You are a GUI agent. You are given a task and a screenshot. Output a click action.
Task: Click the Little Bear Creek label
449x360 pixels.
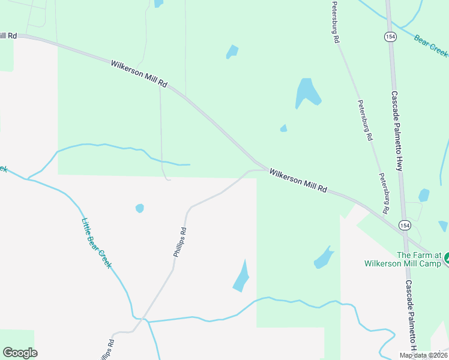coord(96,242)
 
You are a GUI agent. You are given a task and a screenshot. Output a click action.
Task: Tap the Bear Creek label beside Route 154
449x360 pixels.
coord(431,46)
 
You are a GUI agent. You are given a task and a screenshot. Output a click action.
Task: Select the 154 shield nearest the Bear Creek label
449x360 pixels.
coord(390,37)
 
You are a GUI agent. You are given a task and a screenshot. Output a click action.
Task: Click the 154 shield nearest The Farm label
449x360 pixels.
coord(404,226)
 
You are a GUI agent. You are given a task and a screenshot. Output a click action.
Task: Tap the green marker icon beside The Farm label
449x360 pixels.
coord(446,259)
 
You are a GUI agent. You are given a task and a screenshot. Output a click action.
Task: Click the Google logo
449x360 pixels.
coord(20,353)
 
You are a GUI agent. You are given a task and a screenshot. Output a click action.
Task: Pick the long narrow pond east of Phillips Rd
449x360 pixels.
coord(241,277)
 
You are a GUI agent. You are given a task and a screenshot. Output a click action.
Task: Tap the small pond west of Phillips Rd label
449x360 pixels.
coord(140,208)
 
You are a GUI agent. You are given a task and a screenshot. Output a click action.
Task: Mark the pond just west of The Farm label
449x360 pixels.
coord(324,258)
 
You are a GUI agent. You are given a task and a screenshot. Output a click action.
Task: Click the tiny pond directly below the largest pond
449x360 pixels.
coord(283,128)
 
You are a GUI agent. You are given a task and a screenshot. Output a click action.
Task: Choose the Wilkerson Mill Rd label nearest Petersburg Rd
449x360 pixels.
coord(298,181)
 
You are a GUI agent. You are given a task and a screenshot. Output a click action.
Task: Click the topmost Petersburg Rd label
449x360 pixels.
coord(336,22)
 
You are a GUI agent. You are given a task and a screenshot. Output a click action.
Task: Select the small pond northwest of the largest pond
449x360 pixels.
coord(232,52)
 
